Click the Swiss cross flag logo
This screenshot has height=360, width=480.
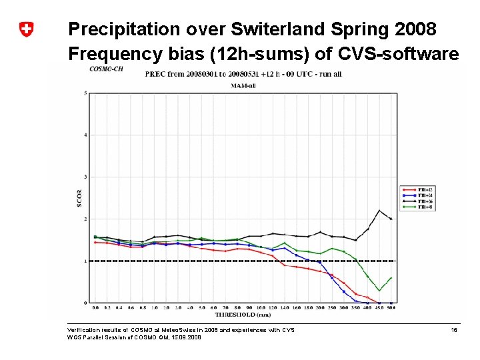point(26,29)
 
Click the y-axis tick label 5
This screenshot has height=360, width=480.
point(85,93)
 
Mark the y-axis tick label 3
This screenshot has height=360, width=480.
point(85,177)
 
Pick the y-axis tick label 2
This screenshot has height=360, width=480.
point(85,219)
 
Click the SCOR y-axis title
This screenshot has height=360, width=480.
point(79,198)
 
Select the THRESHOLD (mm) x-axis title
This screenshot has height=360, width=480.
point(243,314)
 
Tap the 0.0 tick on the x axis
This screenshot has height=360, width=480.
point(95,308)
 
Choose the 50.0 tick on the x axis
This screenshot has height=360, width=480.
point(391,308)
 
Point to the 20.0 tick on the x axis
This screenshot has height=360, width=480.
point(320,308)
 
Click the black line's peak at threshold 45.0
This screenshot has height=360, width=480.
point(379,211)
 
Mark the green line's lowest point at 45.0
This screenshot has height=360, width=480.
point(379,291)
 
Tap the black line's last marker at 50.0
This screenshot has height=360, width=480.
point(391,219)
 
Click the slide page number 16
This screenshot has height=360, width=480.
point(454,330)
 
